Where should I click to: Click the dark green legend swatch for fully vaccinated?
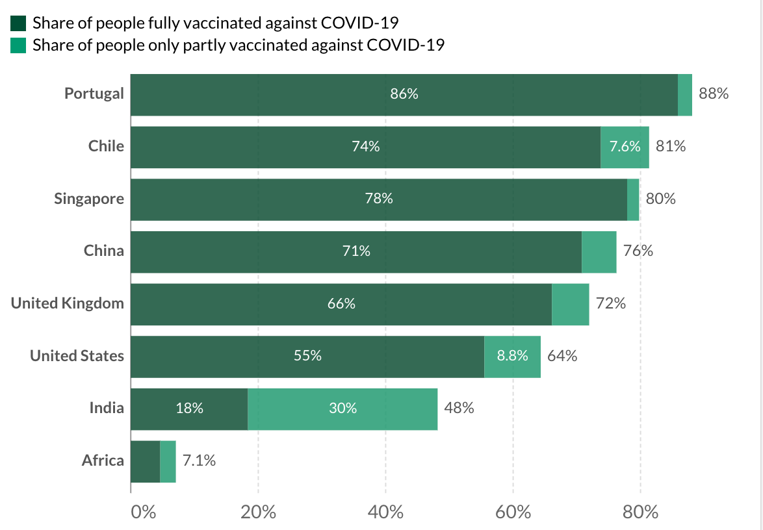pyautogui.click(x=18, y=24)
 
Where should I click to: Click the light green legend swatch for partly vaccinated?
pyautogui.click(x=18, y=45)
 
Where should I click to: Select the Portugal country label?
pyautogui.click(x=94, y=94)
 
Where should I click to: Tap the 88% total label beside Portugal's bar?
pyautogui.click(x=714, y=94)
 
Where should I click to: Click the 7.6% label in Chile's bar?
pyautogui.click(x=625, y=147)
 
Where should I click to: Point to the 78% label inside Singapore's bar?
pyautogui.click(x=379, y=199)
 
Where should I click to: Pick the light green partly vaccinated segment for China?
pyautogui.click(x=599, y=251)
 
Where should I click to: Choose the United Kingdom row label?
pyautogui.click(x=68, y=303)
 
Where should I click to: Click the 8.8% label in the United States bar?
pyautogui.click(x=512, y=356)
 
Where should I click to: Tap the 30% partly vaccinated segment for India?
pyautogui.click(x=343, y=409)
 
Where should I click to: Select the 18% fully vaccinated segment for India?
pyautogui.click(x=189, y=409)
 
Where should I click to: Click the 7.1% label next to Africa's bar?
pyautogui.click(x=199, y=461)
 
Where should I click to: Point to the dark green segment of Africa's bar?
pyautogui.click(x=145, y=461)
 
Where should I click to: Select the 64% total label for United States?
pyautogui.click(x=562, y=356)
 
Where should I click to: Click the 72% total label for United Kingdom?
pyautogui.click(x=610, y=303)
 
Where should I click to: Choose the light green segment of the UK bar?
pyautogui.click(x=570, y=303)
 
